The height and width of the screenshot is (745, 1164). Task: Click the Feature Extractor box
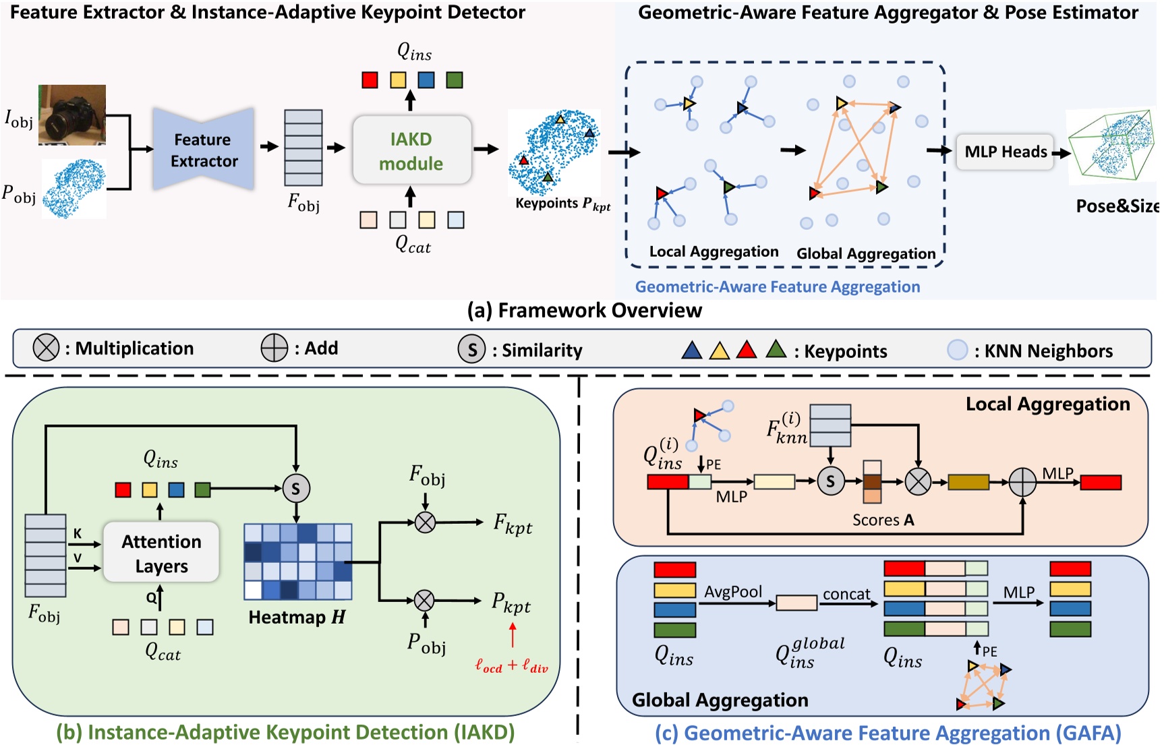(204, 150)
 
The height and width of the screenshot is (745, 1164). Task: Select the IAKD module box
(411, 150)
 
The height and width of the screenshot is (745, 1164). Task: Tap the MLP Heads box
(1005, 152)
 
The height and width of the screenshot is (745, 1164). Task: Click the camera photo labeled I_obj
(72, 115)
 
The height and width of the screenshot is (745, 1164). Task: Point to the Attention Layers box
(161, 553)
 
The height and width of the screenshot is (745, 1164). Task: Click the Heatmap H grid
(297, 562)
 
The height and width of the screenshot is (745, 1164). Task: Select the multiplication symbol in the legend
(46, 348)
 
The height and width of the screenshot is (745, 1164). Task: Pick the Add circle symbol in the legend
(274, 348)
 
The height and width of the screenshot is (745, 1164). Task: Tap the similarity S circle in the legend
(471, 349)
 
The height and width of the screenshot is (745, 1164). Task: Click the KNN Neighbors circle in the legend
(957, 350)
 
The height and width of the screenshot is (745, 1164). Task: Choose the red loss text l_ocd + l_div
(511, 666)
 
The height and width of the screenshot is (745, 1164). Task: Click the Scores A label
(883, 520)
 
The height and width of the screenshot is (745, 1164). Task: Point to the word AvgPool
(733, 591)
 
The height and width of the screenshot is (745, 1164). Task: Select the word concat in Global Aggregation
(846, 594)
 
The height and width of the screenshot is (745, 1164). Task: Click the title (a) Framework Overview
(585, 310)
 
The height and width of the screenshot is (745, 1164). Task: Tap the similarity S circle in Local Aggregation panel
(830, 481)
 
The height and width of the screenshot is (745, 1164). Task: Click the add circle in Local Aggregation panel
(1022, 481)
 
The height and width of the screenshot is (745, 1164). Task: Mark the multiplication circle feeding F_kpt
(425, 522)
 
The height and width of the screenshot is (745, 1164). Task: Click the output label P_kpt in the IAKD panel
(511, 603)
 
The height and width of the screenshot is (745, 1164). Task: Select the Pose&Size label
(1116, 206)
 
